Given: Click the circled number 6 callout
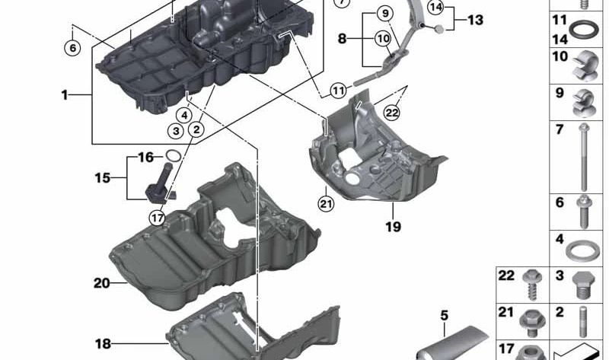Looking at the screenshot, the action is point(72,48).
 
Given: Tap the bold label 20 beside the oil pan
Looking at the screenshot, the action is point(102,283).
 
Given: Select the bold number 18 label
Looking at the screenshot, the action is point(103,344).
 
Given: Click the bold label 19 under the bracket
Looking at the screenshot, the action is point(393,226).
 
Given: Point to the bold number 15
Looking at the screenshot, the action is point(103,178).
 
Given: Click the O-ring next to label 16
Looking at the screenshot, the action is point(174,155).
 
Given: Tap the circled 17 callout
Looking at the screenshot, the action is point(158,218).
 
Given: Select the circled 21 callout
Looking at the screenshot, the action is point(326,203).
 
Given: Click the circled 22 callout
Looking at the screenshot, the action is point(391,113).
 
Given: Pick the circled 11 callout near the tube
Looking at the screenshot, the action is point(339,91).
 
